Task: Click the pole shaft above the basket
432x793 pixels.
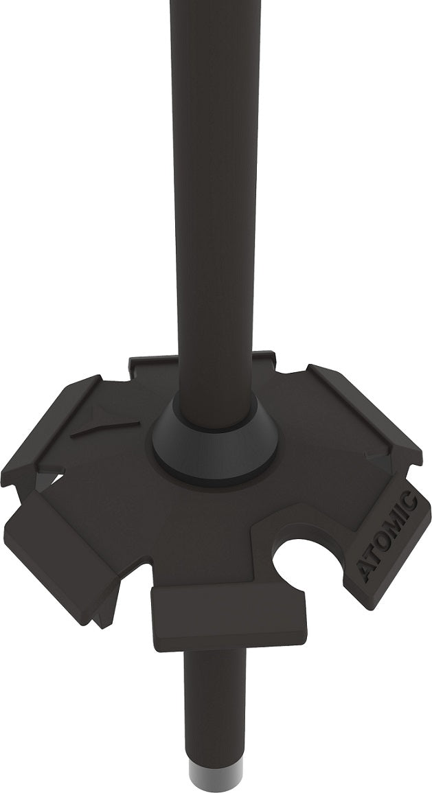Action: click(x=214, y=206)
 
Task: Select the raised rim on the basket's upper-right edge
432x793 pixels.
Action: click(x=364, y=405)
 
